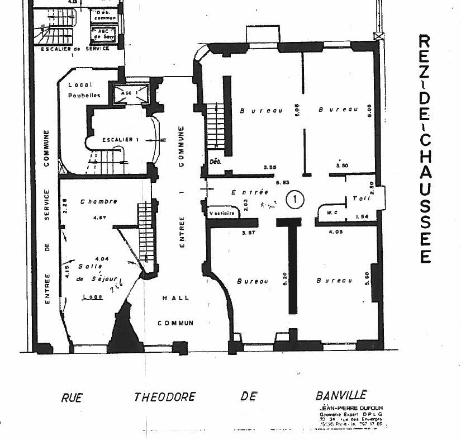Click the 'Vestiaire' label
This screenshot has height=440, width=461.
click(220, 213)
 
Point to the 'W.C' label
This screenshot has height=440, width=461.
click(331, 212)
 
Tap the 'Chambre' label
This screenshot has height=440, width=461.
click(98, 201)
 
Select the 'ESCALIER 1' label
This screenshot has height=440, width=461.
click(117, 139)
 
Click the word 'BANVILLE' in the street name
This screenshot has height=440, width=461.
click(341, 395)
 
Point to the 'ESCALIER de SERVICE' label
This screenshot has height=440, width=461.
click(75, 49)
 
